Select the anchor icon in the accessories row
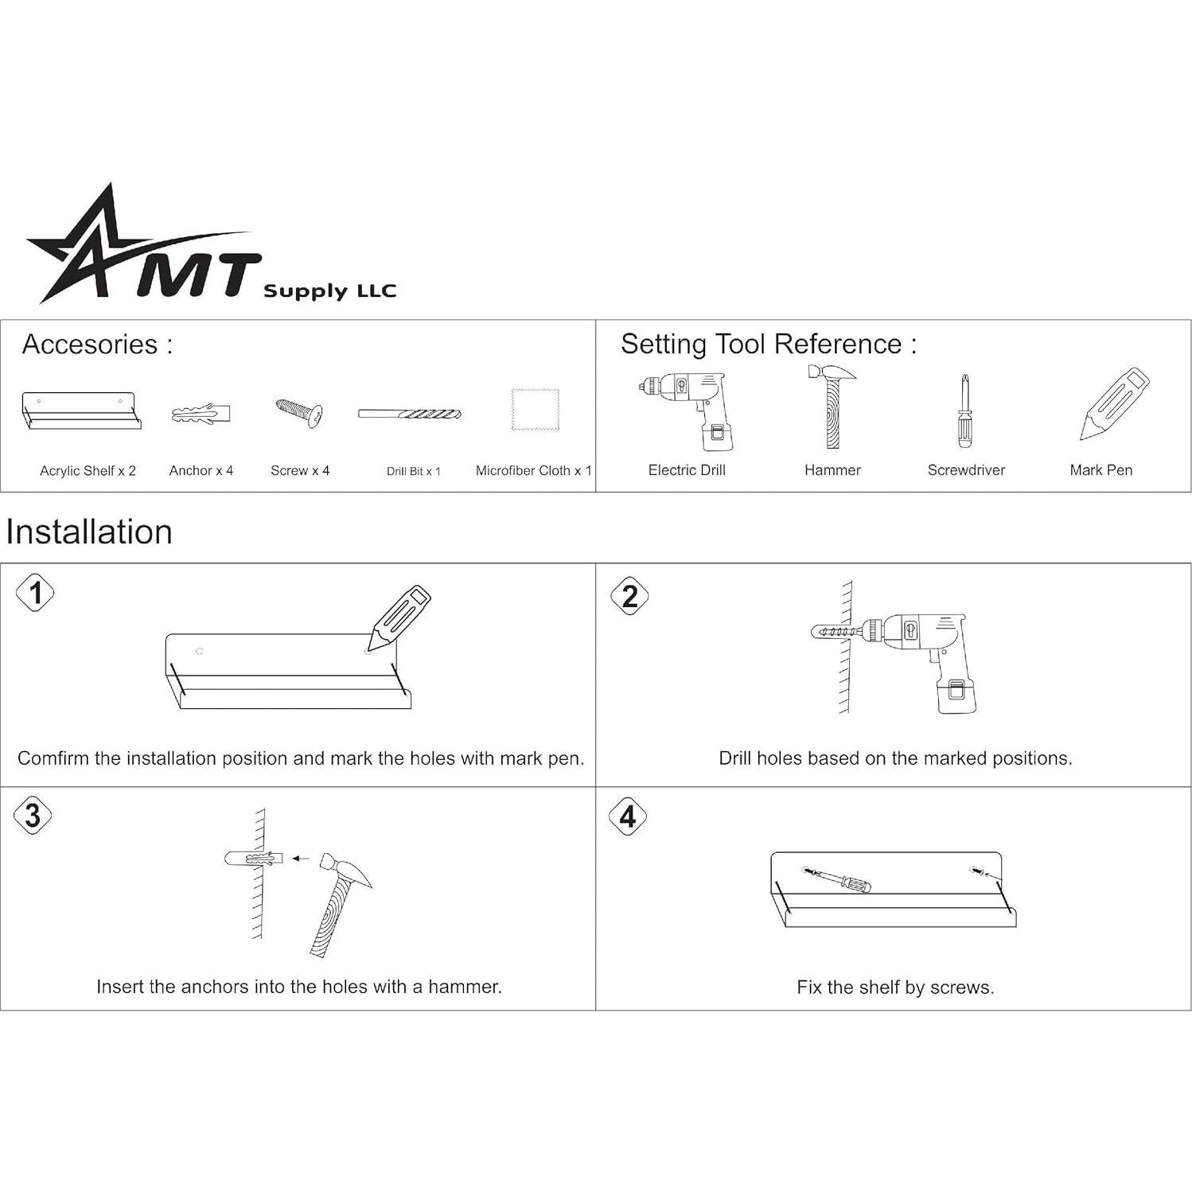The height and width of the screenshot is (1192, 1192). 201,414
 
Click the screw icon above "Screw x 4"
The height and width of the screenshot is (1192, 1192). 299,413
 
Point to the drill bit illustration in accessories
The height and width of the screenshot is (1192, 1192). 409,414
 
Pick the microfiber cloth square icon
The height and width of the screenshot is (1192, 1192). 535,410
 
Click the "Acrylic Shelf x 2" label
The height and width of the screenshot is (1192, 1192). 88,470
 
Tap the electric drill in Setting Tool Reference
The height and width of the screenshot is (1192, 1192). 685,410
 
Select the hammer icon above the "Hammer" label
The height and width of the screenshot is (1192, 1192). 832,407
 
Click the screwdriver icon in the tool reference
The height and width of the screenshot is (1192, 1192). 965,411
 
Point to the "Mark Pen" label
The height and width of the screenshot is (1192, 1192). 1100,469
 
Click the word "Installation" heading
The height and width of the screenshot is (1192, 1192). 89,532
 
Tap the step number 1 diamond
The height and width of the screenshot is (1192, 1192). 36,593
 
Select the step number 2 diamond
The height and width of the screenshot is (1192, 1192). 629,596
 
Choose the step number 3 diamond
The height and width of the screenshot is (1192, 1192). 33,816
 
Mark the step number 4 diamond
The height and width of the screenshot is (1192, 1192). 628,816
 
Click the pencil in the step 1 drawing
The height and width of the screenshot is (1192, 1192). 400,616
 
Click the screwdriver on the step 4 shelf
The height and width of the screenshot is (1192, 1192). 839,879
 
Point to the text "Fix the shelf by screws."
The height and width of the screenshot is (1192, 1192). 895,987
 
